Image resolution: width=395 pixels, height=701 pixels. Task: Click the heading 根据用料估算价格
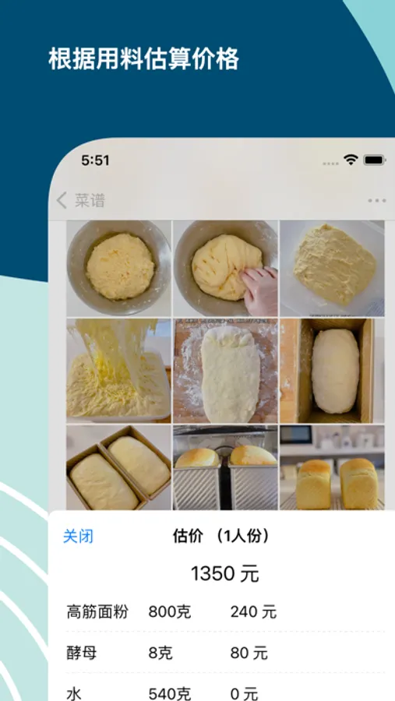143,58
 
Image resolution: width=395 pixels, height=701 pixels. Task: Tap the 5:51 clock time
95,160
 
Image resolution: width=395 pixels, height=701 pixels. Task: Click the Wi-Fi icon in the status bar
351,160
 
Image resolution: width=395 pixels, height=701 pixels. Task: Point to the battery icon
375,160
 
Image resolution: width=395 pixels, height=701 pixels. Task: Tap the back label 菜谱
90,201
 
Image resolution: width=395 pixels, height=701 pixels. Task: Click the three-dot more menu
376,201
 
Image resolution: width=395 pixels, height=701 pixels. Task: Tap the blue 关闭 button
78,536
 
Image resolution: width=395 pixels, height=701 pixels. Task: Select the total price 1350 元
225,573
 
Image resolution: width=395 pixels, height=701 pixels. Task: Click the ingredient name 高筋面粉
97,611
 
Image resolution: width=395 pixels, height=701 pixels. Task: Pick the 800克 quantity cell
170,611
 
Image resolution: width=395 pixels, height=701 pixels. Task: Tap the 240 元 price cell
254,611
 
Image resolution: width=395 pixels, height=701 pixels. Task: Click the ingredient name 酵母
82,653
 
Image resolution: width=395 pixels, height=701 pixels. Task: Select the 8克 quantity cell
160,653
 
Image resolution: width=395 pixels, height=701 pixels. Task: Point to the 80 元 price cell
249,653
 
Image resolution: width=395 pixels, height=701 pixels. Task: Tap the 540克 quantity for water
170,694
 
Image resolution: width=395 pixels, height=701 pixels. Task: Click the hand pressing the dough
259,291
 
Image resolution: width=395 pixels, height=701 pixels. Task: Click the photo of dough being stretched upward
118,371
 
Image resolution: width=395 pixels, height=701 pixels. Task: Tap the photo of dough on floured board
225,371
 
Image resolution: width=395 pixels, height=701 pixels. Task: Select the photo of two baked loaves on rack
332,467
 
